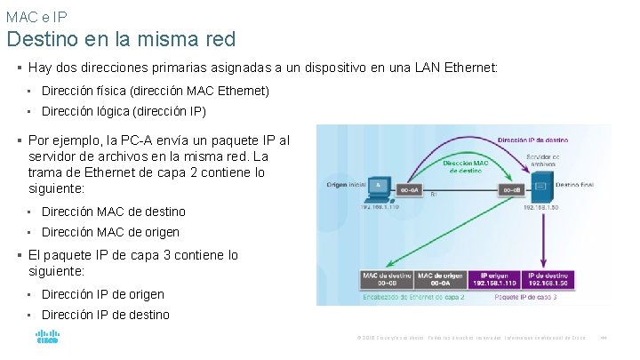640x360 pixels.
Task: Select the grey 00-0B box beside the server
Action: (510, 189)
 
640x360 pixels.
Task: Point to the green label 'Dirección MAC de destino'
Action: (464, 166)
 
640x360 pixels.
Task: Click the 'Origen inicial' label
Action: (347, 185)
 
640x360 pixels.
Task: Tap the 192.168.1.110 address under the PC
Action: (380, 206)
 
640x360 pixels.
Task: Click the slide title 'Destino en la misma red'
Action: (121, 39)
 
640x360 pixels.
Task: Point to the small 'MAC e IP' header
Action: (36, 16)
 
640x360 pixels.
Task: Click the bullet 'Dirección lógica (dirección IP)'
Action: (124, 112)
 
